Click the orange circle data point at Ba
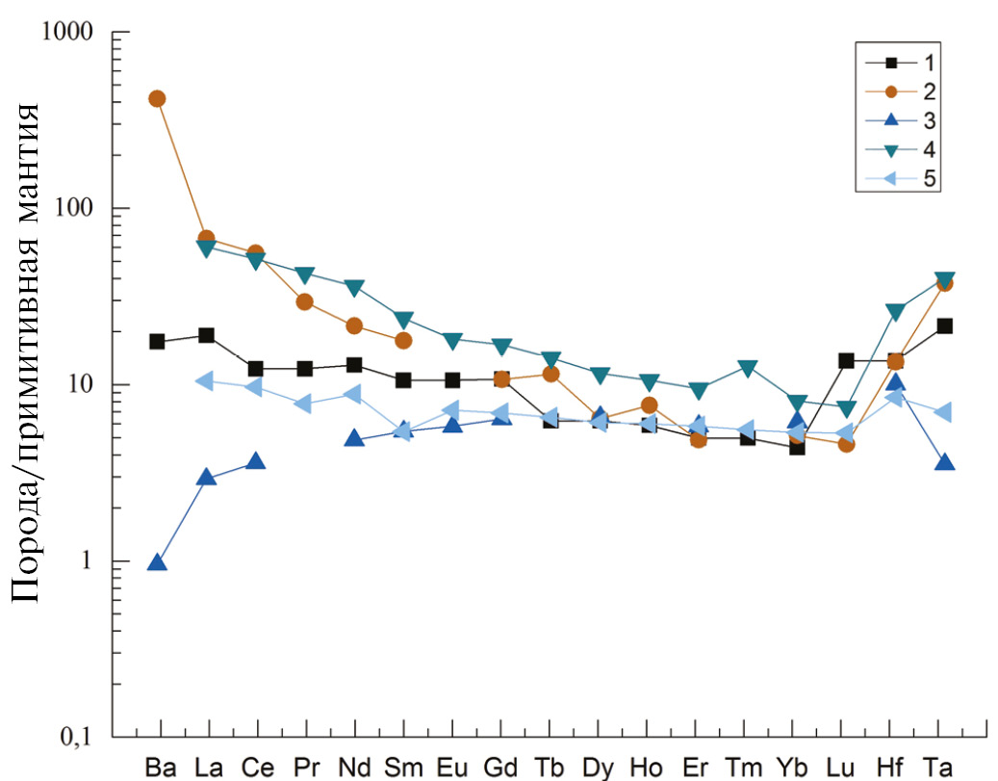pos(157,98)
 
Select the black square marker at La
pos(206,335)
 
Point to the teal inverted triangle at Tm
pos(748,368)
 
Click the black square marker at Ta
pos(944,326)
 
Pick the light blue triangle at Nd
pos(352,394)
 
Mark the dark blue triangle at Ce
pos(255,461)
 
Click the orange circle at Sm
pos(403,340)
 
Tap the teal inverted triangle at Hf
pos(895,312)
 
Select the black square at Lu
pos(846,361)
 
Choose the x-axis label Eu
pos(450,768)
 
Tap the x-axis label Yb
pos(796,768)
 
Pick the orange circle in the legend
pos(890,91)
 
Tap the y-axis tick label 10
pos(85,385)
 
